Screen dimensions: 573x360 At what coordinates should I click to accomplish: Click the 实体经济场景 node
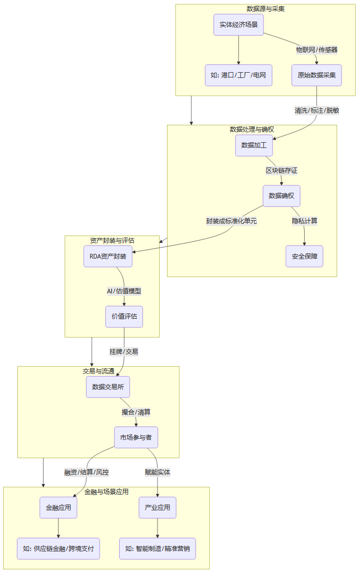click(238, 25)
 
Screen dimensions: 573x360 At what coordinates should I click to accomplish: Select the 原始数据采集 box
click(317, 75)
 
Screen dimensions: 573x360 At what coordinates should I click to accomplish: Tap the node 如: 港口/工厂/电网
click(238, 75)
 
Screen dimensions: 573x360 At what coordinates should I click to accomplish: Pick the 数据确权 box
click(281, 196)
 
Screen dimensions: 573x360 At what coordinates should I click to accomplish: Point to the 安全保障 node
click(304, 256)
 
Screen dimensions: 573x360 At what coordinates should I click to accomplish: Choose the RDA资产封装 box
click(108, 256)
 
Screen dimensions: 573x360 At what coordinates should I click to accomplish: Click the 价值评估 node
click(124, 317)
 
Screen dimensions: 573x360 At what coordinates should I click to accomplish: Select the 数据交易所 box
click(108, 387)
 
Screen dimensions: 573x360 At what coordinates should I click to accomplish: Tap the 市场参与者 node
click(136, 437)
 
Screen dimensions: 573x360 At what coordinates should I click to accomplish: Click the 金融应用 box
click(59, 508)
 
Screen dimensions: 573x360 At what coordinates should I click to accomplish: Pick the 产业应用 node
click(158, 508)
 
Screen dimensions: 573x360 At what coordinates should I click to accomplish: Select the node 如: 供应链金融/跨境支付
click(59, 548)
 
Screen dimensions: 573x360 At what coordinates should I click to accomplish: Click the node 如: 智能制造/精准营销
click(158, 548)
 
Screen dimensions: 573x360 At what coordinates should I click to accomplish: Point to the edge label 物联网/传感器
click(316, 50)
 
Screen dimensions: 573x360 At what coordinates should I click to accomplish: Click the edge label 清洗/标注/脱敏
click(316, 110)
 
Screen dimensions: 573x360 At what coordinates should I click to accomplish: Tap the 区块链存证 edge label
click(281, 171)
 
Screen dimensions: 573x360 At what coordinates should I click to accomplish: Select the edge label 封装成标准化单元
click(231, 221)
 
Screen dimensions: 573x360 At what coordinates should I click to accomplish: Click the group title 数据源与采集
click(266, 9)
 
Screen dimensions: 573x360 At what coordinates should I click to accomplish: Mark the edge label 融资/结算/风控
click(86, 472)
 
